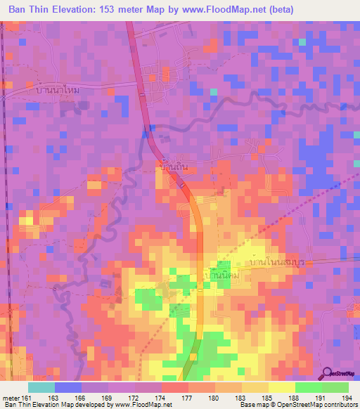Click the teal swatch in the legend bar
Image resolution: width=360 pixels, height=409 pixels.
click(41, 387)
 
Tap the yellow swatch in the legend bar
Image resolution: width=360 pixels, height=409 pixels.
click(282, 387)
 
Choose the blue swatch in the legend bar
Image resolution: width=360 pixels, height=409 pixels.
click(68, 387)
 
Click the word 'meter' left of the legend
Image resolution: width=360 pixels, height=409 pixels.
click(11, 397)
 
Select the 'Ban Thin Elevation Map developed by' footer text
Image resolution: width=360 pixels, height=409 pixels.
click(56, 405)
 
